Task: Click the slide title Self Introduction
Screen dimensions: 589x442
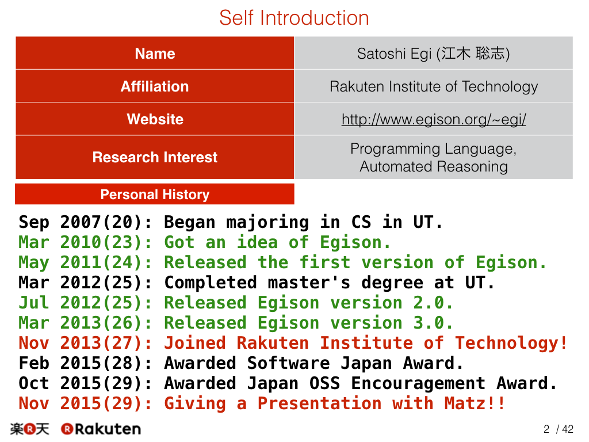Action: (x=294, y=18)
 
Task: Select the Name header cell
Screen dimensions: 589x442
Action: (x=155, y=53)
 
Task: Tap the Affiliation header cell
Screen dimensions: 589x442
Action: (x=155, y=86)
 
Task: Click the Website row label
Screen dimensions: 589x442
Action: (x=155, y=119)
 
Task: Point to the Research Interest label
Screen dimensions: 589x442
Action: (x=155, y=157)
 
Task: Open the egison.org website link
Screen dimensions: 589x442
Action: (x=434, y=120)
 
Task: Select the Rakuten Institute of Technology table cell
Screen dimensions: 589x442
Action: (x=434, y=86)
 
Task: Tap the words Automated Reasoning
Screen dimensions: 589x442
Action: (x=434, y=166)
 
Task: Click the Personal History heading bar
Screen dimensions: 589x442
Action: (x=155, y=195)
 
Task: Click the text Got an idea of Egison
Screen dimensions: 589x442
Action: (x=278, y=242)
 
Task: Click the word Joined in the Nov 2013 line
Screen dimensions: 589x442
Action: (x=195, y=343)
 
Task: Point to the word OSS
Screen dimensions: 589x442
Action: (x=324, y=383)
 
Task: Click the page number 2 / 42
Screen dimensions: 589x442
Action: (x=558, y=429)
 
